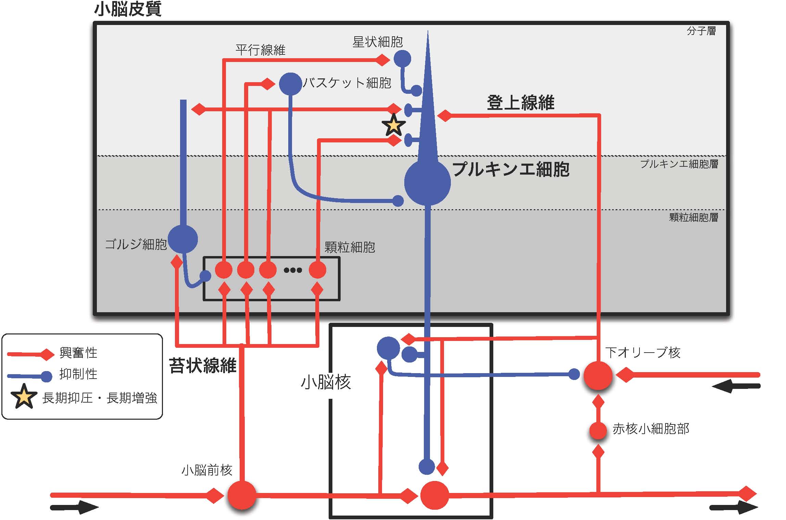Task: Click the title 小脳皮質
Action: click(127, 9)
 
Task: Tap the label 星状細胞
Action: click(377, 42)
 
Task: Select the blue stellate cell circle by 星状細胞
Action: click(402, 59)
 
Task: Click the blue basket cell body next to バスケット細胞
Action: click(290, 84)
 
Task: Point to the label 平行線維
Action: click(260, 50)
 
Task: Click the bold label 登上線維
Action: click(520, 102)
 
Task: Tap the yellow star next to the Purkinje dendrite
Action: click(394, 125)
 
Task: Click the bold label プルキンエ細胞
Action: click(511, 169)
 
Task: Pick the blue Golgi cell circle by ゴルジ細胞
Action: click(183, 239)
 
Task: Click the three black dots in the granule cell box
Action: click(293, 270)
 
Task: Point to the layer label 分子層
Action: click(701, 31)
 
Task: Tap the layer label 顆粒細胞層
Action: click(694, 217)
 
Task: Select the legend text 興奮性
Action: click(78, 353)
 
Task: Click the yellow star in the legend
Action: click(24, 396)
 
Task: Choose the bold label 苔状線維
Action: click(202, 365)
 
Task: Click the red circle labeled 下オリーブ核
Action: click(598, 376)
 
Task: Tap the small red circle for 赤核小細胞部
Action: click(598, 431)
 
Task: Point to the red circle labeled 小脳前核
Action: click(242, 495)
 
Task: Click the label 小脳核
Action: click(326, 382)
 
